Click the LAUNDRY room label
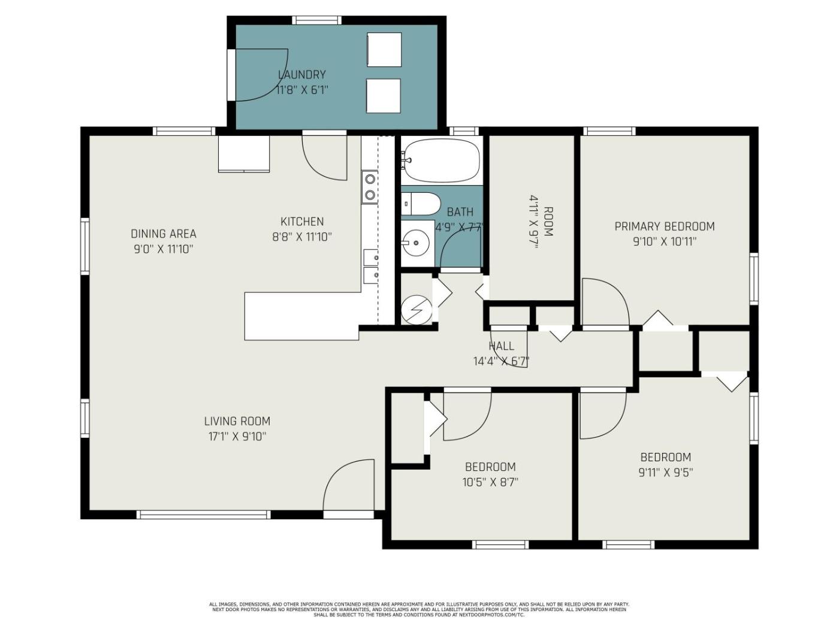pyautogui.click(x=301, y=74)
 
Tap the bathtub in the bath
pyautogui.click(x=442, y=161)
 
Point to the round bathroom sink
pyautogui.click(x=416, y=243)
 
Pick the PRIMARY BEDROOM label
pyautogui.click(x=665, y=226)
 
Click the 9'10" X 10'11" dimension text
pyautogui.click(x=665, y=242)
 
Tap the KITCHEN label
pyautogui.click(x=302, y=222)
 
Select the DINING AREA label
pyautogui.click(x=163, y=234)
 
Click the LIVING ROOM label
pyautogui.click(x=237, y=421)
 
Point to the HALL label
pyautogui.click(x=501, y=346)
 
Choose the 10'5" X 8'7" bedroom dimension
pyautogui.click(x=490, y=482)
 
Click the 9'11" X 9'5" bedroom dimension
pyautogui.click(x=665, y=473)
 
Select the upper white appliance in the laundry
pyautogui.click(x=384, y=50)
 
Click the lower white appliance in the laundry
pyautogui.click(x=384, y=96)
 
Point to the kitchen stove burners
pyautogui.click(x=370, y=188)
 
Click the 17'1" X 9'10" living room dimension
pyautogui.click(x=237, y=437)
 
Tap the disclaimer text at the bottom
pyautogui.click(x=419, y=609)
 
